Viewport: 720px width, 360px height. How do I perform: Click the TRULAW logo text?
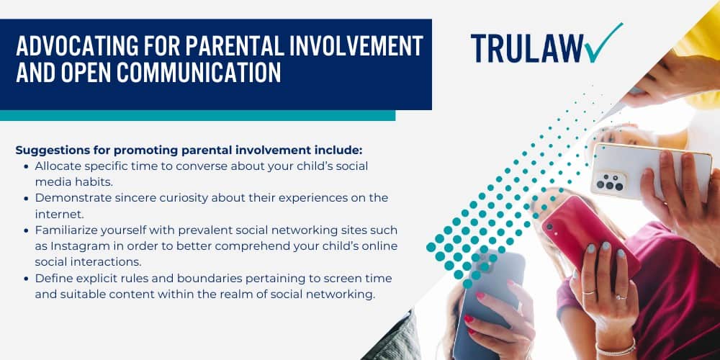coord(527,48)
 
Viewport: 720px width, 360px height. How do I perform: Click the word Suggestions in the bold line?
coord(48,150)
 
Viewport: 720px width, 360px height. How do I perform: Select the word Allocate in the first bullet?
coord(53,166)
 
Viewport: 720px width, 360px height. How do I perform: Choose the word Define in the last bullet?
coord(49,278)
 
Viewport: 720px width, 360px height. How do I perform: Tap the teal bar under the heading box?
coord(197,115)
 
